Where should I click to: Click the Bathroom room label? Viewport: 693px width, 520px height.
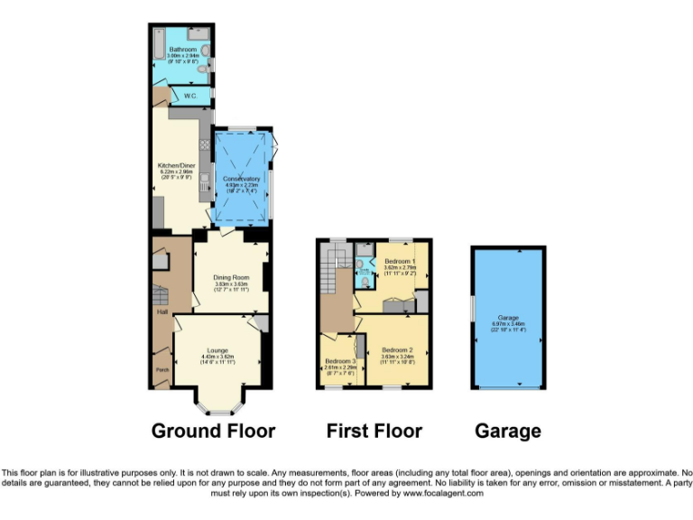pos(182,50)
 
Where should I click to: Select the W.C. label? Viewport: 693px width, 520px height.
pos(191,95)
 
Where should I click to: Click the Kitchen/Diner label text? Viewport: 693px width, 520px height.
pos(177,166)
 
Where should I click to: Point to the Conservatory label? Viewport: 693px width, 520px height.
pos(242,179)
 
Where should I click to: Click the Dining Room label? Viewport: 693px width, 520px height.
pos(231,277)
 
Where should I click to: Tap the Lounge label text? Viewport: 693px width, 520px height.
pos(217,349)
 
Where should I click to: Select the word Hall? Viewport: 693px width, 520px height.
pos(163,312)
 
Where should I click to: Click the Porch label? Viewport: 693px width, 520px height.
pos(162,370)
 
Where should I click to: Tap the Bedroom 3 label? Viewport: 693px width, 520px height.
pos(341,361)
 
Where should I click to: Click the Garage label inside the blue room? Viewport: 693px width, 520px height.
pos(508,318)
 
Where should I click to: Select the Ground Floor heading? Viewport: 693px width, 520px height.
pos(213,431)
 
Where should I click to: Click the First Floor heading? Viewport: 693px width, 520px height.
pos(374,431)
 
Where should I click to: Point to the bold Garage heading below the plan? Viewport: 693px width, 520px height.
pos(508,431)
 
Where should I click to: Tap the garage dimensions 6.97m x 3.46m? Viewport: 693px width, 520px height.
pos(508,324)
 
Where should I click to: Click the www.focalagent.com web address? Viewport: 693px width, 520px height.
pos(442,494)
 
